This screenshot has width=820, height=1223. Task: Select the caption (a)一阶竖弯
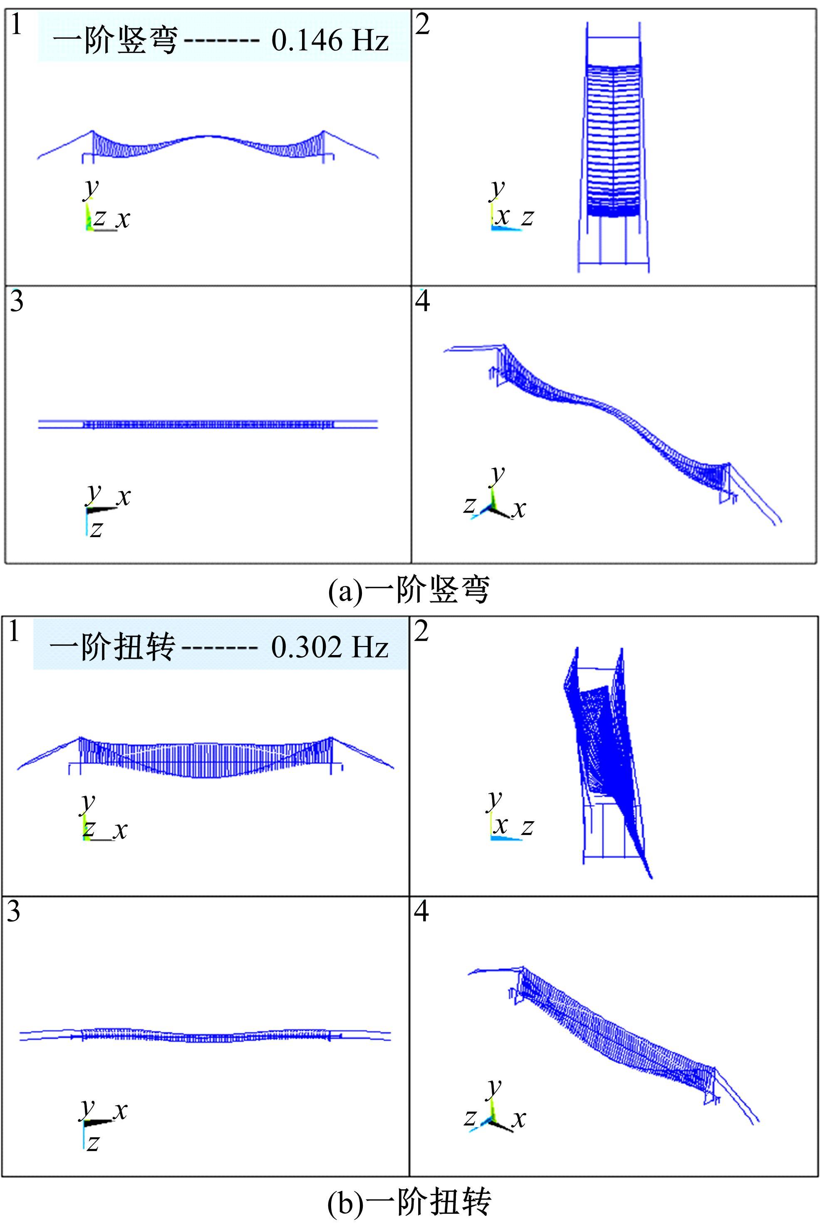click(x=409, y=591)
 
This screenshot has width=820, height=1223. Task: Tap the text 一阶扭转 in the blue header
click(x=112, y=648)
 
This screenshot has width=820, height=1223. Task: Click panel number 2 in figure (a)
click(x=423, y=25)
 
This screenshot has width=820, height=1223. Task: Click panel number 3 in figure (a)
click(x=16, y=302)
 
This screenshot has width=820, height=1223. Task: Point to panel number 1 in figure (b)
click(x=14, y=631)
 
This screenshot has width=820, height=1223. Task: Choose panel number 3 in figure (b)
click(x=14, y=911)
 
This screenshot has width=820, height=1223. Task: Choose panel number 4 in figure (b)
click(x=421, y=911)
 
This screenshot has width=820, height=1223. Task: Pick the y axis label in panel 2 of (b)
click(x=495, y=799)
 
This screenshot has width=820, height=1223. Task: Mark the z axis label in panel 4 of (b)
click(x=470, y=1117)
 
